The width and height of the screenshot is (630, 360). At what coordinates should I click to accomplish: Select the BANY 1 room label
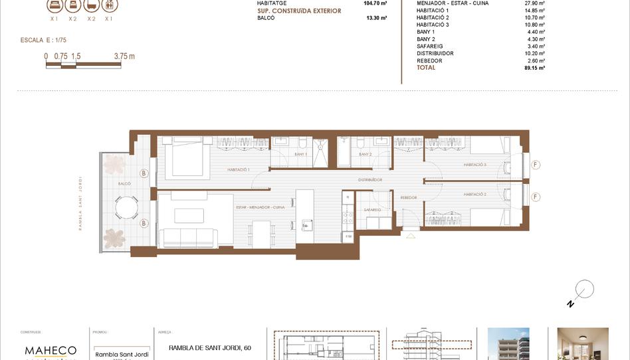coord(300,154)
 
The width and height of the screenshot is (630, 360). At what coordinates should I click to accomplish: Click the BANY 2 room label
coord(365,154)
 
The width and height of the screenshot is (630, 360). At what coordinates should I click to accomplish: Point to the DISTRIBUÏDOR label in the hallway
coord(369,180)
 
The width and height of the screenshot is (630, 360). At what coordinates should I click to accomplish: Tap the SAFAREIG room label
coord(371,209)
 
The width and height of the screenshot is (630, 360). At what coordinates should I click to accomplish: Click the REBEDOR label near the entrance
coord(408,197)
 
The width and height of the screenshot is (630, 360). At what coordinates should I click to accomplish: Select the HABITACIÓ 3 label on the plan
coord(475,165)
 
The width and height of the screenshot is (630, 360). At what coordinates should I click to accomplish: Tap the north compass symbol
coord(584,290)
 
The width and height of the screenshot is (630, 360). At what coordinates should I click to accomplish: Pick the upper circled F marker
coord(536,165)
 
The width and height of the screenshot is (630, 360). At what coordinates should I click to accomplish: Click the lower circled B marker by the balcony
coord(143,223)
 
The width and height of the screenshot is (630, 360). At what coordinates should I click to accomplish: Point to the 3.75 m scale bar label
coord(124,56)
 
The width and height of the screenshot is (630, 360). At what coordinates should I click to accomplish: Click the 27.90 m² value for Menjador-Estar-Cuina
coord(534,3)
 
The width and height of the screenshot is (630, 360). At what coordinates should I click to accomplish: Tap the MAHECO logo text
coord(51,350)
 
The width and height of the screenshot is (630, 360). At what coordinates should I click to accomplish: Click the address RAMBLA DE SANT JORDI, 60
coord(210,347)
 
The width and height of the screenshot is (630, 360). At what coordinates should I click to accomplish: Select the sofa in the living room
coord(189,238)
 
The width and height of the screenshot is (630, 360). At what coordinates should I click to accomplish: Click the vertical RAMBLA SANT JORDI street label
coord(80,203)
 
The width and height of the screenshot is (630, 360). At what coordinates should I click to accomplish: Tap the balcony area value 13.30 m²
coord(376,19)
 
